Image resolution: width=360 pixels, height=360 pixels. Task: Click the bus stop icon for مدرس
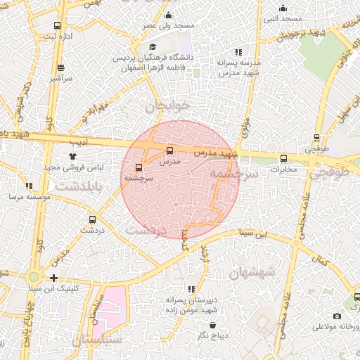coord(169,150)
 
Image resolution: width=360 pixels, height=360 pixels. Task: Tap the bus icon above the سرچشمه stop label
coord(138,168)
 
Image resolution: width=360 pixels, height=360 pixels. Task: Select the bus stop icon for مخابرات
coord(284,158)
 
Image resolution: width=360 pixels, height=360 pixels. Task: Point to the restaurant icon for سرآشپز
coord(61,68)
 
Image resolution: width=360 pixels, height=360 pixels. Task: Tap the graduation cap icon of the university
coord(153,46)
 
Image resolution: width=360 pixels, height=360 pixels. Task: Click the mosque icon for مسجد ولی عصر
coord(167,15)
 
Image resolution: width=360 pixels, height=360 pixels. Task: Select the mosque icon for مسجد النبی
coord(283,8)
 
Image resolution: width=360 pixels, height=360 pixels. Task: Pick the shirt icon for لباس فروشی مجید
coord(73,157)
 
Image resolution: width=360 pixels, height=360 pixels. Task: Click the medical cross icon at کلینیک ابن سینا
coord(54,278)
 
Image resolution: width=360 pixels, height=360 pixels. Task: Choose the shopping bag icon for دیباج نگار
coord(213,325)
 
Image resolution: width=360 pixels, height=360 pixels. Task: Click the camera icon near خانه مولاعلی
coord(337,316)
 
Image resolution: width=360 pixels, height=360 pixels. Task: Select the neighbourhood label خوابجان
coord(167,106)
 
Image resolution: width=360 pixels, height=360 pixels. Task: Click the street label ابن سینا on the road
coord(251,232)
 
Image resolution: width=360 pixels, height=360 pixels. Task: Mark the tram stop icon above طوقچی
coord(317,139)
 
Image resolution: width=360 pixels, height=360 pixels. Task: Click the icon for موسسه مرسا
coord(29,186)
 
